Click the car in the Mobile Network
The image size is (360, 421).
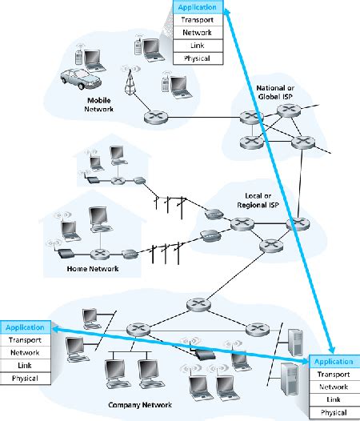tap(81, 79)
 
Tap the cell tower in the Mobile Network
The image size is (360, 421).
tap(130, 81)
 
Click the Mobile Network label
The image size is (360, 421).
tap(98, 105)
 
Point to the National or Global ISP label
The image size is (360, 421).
tap(275, 92)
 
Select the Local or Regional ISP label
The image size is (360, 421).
tap(258, 200)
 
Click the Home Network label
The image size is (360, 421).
tap(93, 268)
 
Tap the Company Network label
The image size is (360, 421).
tap(140, 405)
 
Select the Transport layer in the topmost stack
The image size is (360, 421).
tap(198, 19)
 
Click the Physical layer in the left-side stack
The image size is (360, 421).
tap(26, 379)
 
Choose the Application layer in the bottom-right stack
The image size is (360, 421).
tap(334, 362)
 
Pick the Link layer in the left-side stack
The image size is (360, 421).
tap(26, 366)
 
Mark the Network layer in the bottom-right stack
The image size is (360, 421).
tap(334, 387)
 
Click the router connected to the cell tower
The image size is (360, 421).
tap(156, 118)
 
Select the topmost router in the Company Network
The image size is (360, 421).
tap(198, 305)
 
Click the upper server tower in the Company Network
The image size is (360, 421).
tap(295, 343)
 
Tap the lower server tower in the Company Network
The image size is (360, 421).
tap(290, 379)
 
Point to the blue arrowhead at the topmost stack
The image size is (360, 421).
tap(227, 11)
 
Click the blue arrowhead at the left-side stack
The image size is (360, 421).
tap(55, 329)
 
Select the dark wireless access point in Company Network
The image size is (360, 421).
tap(205, 355)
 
